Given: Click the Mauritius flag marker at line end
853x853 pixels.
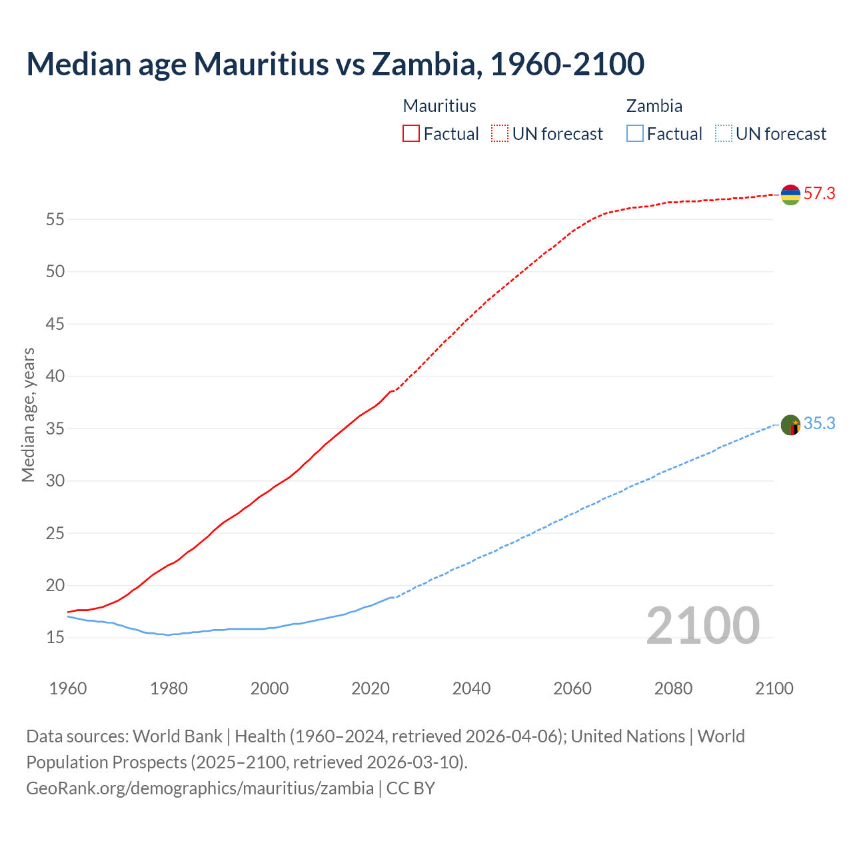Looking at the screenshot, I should point(790,195).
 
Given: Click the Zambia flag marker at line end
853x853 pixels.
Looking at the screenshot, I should point(790,425).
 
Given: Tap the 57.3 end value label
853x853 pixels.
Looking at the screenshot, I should point(819,194).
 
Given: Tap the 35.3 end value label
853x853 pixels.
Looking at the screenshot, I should point(819,424).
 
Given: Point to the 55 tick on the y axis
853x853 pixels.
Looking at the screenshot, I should point(55,219).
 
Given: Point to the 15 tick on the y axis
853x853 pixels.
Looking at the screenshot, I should point(55,638).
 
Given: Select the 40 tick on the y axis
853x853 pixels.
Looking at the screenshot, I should point(55,377).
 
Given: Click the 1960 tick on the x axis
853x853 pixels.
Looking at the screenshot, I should point(68,688).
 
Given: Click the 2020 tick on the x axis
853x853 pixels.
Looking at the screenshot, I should point(371,688).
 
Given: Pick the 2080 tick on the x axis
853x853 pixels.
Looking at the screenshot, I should point(673,688).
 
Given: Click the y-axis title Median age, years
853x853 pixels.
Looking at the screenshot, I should point(28,415).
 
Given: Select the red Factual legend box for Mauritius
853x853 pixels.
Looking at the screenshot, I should point(411,133).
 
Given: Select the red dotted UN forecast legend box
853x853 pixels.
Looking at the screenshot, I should point(500,133).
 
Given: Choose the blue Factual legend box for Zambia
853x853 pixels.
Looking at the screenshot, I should point(635,133).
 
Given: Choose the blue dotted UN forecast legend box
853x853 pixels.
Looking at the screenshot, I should point(723,133).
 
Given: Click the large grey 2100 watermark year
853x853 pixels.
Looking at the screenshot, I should point(703,626).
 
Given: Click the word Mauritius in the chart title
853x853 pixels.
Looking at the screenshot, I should point(261,64).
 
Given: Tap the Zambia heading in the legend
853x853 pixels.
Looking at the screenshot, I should point(654,106).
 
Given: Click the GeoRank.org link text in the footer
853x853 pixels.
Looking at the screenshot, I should point(200,788).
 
